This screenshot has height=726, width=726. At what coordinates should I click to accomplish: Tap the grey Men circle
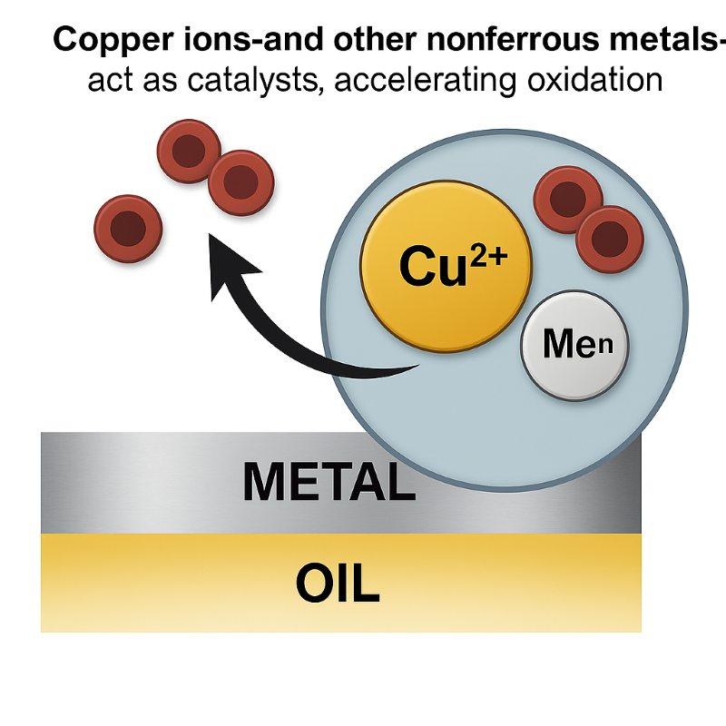574,345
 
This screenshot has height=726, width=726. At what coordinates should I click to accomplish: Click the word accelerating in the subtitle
427,81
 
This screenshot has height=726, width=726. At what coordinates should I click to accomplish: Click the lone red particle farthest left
129,228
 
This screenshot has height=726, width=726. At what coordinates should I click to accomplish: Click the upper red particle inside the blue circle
567,200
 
